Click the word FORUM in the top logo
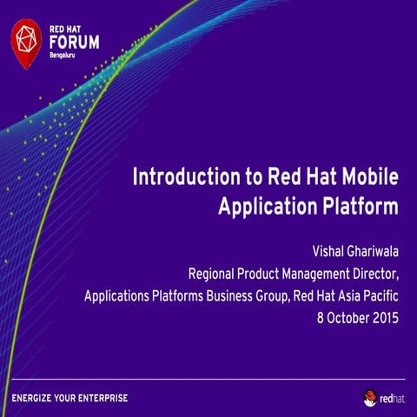75,43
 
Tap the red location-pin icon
26,43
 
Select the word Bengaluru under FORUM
62,56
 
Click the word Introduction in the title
187,176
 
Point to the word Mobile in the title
370,176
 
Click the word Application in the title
268,207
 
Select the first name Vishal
328,251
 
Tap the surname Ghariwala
373,251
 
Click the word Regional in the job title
211,274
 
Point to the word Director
375,274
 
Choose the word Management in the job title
315,274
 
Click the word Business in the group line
229,296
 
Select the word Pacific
381,296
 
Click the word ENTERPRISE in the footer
103,398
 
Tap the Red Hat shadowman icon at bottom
370,398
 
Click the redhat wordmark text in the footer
393,399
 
